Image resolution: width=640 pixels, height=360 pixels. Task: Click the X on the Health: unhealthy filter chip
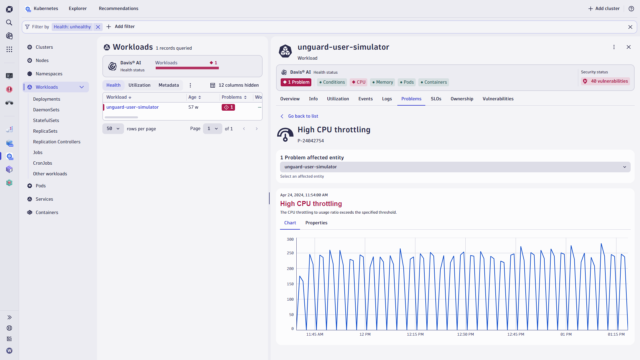pos(98,27)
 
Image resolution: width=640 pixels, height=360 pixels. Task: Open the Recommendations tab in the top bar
pos(118,8)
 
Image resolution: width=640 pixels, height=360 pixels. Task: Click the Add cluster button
pos(604,8)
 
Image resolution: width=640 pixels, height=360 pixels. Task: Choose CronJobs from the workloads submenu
pos(42,163)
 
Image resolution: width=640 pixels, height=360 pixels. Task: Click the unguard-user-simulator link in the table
pos(132,107)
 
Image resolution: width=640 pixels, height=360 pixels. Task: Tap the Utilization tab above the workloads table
pos(139,85)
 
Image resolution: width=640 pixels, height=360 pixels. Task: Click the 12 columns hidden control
pos(234,85)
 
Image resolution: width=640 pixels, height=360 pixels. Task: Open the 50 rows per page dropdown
pos(113,128)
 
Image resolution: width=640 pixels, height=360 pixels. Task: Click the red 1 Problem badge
pos(296,82)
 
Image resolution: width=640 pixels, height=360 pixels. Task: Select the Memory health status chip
pos(383,82)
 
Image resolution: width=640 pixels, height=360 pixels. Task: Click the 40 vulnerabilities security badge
pos(606,81)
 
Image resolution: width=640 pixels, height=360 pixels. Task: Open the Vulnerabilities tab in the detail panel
pos(498,99)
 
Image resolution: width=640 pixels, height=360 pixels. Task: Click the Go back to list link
pos(303,116)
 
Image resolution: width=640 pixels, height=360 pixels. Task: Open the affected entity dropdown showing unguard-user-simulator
pos(455,167)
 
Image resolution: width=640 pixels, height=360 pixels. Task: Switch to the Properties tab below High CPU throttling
pos(316,223)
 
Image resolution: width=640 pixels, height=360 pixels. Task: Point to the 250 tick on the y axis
pos(290,253)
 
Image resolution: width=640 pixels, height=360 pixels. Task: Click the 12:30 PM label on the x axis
pos(465,334)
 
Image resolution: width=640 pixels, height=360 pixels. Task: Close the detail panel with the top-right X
pos(628,47)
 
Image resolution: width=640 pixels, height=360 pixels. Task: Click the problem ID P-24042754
pos(311,141)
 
